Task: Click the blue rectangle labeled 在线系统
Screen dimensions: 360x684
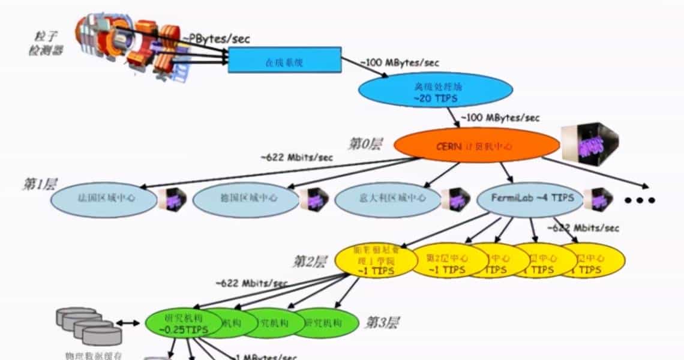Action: pos(284,61)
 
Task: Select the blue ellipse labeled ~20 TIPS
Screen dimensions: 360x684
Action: pos(436,90)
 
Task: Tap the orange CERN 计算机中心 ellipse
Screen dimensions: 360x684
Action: pos(476,145)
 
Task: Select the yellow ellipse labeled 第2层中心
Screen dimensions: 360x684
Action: pos(448,261)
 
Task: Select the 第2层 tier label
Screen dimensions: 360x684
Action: pos(309,262)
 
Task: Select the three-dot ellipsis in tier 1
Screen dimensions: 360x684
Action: pos(640,200)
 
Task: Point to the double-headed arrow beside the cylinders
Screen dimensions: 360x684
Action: pos(127,323)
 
